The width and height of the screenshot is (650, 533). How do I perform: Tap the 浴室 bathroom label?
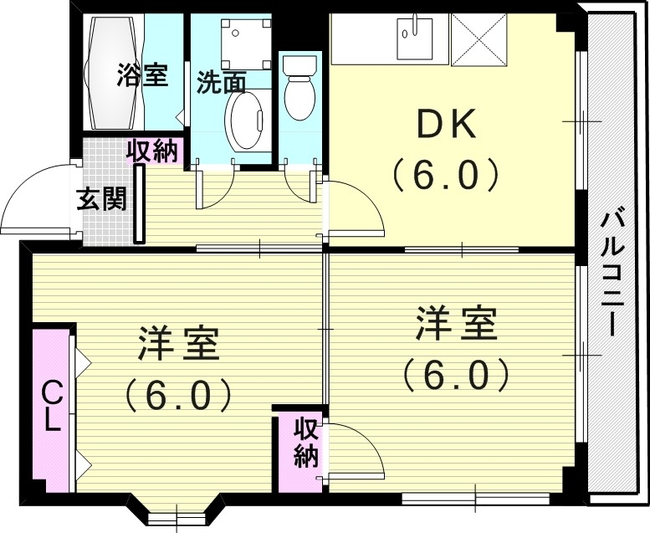tap(141, 75)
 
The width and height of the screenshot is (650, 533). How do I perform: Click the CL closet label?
tap(52, 405)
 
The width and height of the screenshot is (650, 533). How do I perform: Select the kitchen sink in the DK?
tap(412, 37)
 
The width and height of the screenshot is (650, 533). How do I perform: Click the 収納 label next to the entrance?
tap(153, 151)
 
